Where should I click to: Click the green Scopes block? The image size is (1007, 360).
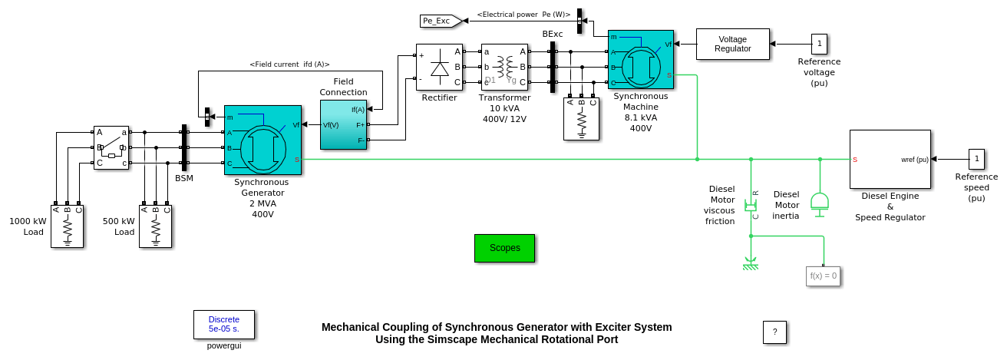coord(504,248)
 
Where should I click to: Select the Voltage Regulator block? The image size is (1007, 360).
coord(732,44)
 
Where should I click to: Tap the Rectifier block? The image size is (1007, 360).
coord(439,68)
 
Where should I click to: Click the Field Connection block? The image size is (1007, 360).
coord(343,124)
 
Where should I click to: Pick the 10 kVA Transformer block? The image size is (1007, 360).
coord(504,68)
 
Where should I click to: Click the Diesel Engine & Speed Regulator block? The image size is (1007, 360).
coord(890,159)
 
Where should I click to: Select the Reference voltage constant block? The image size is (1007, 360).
coord(819,44)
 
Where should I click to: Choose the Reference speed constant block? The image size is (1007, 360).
coord(976,159)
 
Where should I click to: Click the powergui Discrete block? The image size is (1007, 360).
coord(223,324)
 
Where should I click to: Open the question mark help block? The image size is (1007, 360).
coord(774,332)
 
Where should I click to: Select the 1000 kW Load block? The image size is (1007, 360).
coord(67,226)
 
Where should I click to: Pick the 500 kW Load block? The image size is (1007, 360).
coord(155,226)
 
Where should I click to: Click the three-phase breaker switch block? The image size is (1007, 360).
coord(111,147)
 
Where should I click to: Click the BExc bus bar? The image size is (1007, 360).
coord(552,67)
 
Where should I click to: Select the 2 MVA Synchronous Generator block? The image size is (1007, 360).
coord(262,140)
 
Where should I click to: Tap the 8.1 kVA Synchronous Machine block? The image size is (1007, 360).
coord(640,60)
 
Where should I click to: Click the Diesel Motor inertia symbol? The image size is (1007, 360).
coord(820,202)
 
